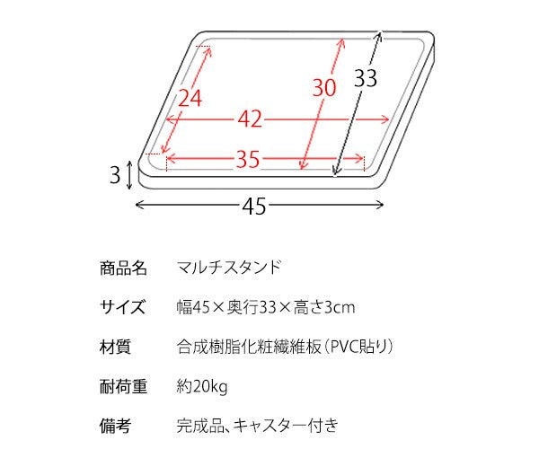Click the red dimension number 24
(190, 99)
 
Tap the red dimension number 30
(324, 87)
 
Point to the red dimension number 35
(248, 160)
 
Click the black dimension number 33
(364, 78)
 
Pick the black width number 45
(254, 207)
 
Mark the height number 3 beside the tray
(115, 174)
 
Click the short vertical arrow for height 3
(131, 174)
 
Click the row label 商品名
(123, 268)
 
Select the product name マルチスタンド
(229, 268)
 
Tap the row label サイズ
(123, 308)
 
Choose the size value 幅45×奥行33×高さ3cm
(265, 308)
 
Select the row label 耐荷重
(123, 387)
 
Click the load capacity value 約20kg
(202, 387)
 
